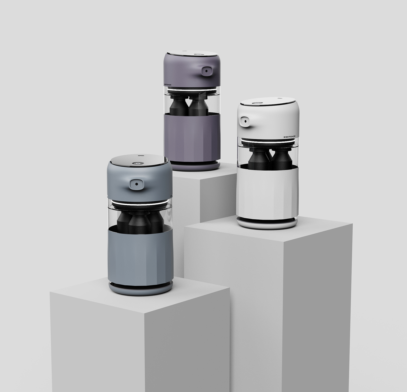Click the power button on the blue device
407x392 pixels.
pos(139,164)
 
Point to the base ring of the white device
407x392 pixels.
pos(267,223)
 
